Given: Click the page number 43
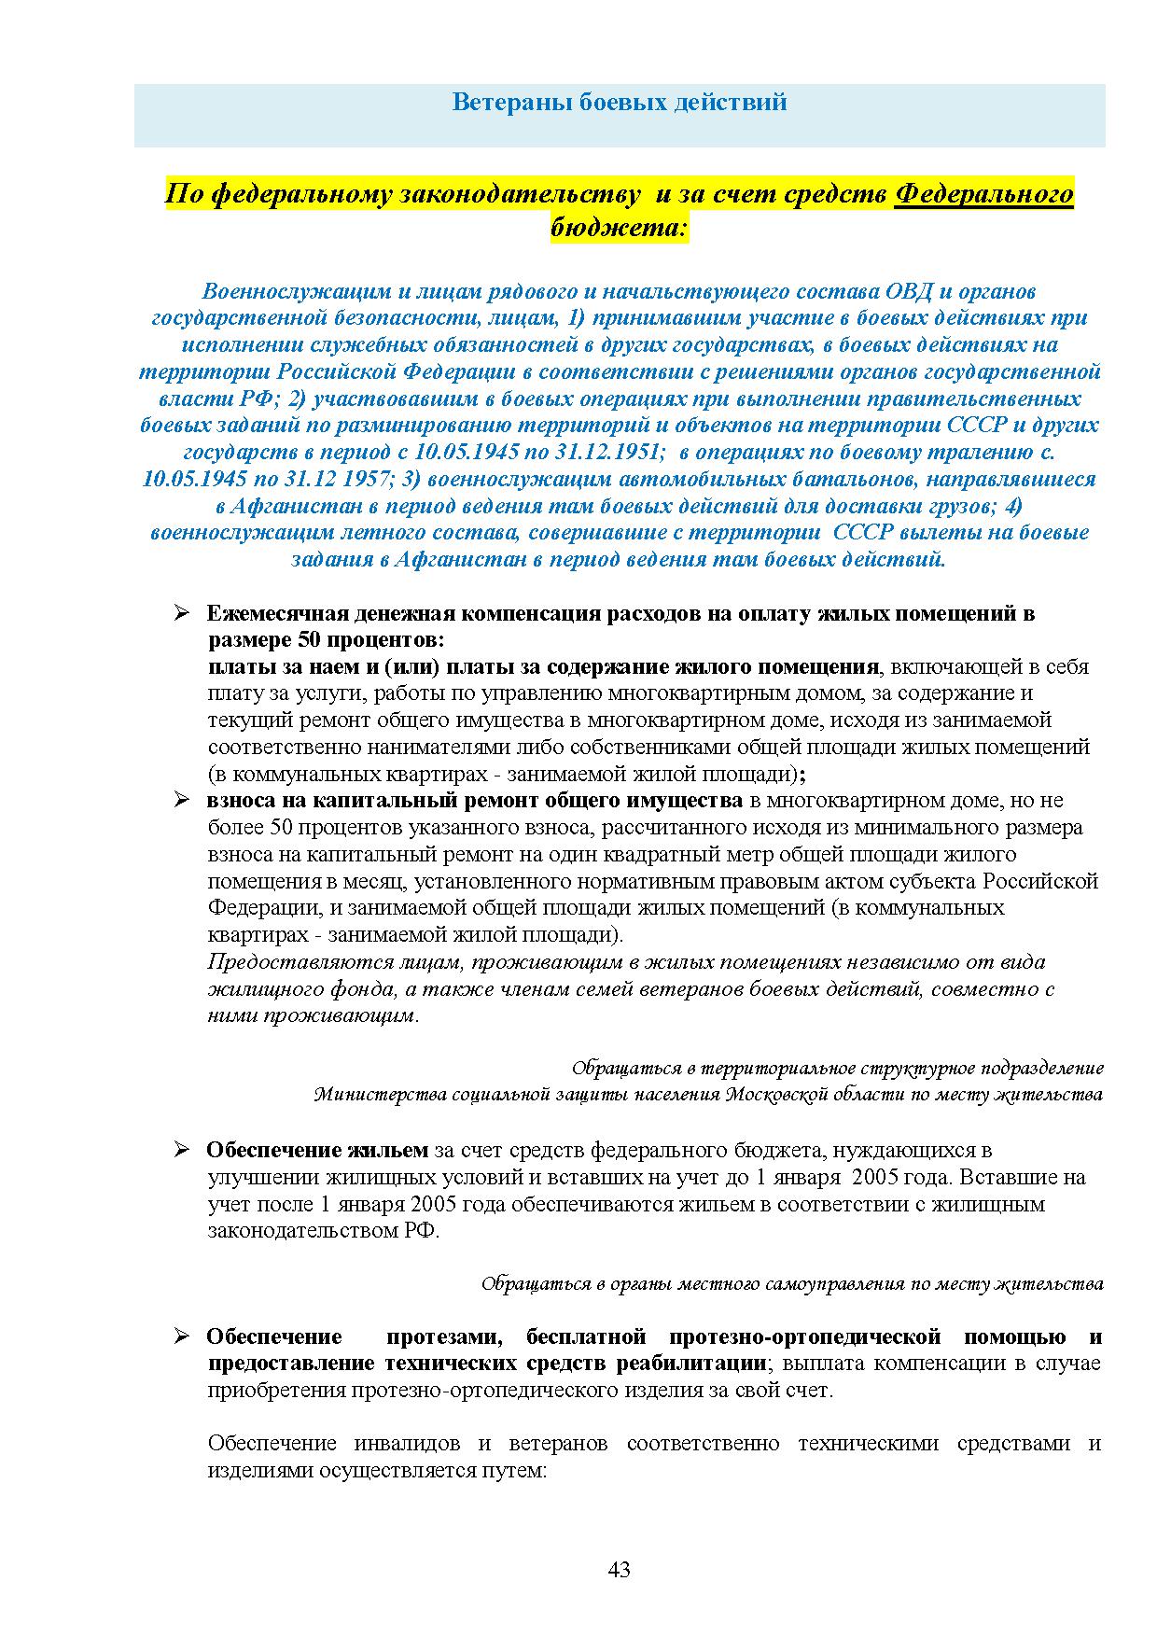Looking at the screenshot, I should (x=619, y=1570).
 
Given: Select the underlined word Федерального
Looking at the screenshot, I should (x=983, y=194).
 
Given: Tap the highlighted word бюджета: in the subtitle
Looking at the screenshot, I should (x=620, y=227).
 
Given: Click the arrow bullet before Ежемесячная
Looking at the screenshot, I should (x=181, y=614).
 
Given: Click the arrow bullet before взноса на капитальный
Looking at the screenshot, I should (x=181, y=801).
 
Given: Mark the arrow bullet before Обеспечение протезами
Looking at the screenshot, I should (x=181, y=1337).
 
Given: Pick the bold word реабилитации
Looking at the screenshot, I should (x=690, y=1364).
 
